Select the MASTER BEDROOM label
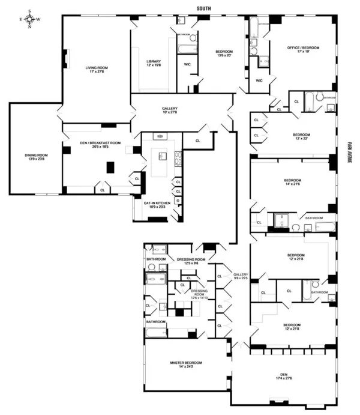(x=185, y=365)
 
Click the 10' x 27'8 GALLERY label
(x=170, y=111)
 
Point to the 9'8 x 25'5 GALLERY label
(x=241, y=276)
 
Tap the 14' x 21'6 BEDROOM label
(x=294, y=182)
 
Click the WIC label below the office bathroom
(x=259, y=80)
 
